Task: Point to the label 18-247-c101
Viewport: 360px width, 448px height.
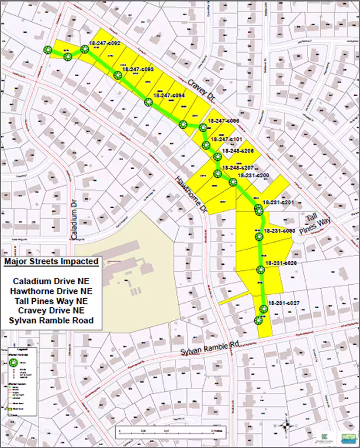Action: point(226,140)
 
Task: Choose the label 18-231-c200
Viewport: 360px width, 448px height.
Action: point(254,175)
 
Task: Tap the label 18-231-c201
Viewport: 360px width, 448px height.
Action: point(278,202)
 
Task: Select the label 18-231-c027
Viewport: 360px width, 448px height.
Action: point(283,303)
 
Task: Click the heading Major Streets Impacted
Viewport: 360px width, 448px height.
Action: point(51,261)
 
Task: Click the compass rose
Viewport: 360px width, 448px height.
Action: point(285,427)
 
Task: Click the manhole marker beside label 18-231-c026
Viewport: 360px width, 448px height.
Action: point(260,270)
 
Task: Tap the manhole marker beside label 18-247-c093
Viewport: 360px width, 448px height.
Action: point(118,75)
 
